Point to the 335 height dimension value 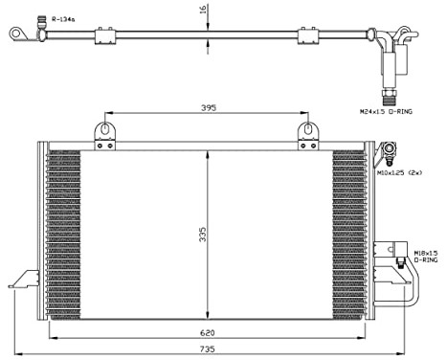point(202,235)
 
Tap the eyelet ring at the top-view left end point(16,34)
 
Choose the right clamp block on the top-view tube point(307,35)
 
